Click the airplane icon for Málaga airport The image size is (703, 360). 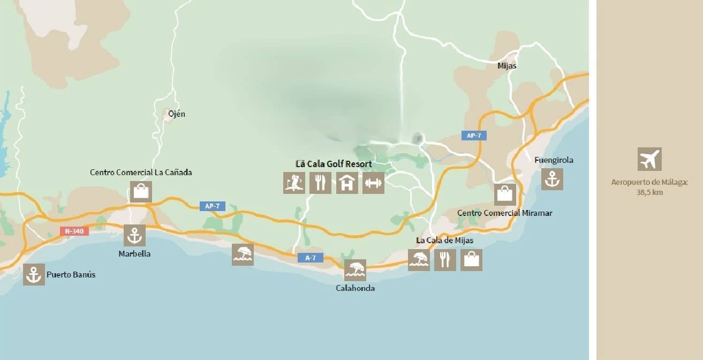click(x=649, y=159)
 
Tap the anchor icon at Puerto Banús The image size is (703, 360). click(x=34, y=275)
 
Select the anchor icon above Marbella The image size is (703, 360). click(x=134, y=235)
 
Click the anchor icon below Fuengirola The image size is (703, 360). click(x=552, y=179)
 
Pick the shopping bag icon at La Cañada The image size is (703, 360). click(x=141, y=192)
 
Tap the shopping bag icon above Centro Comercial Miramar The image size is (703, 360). click(x=505, y=194)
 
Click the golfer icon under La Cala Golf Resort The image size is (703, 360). click(x=294, y=183)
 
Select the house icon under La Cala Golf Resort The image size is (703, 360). click(x=347, y=183)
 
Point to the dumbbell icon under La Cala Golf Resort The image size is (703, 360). click(x=373, y=183)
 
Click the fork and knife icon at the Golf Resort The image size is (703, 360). click(x=320, y=183)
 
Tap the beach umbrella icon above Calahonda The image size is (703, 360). click(x=355, y=270)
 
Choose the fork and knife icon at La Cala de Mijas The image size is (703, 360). click(x=445, y=260)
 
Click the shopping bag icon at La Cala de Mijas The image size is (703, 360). click(x=471, y=260)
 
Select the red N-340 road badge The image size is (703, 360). click(x=74, y=231)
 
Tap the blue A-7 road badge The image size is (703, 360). click(x=311, y=258)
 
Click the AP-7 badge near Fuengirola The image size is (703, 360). click(x=474, y=136)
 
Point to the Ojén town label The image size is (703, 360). click(x=176, y=114)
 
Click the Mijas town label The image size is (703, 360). click(x=507, y=66)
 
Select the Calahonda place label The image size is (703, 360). click(x=355, y=288)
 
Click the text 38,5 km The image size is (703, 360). click(x=649, y=192)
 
